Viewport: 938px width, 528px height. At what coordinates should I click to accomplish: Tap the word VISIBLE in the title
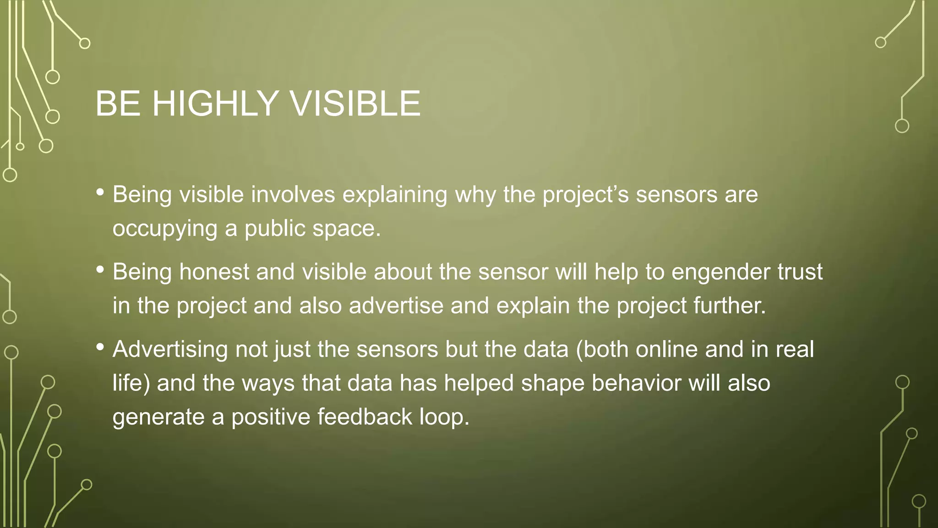(355, 104)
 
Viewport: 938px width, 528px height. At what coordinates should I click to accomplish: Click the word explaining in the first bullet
(395, 195)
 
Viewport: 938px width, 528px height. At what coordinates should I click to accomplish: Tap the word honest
(214, 272)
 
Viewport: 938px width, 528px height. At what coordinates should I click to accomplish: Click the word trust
(800, 272)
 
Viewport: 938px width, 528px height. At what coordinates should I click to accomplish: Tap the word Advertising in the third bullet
(170, 350)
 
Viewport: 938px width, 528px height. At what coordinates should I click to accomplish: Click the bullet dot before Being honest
(100, 270)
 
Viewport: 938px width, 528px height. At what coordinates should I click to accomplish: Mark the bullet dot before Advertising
(100, 347)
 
